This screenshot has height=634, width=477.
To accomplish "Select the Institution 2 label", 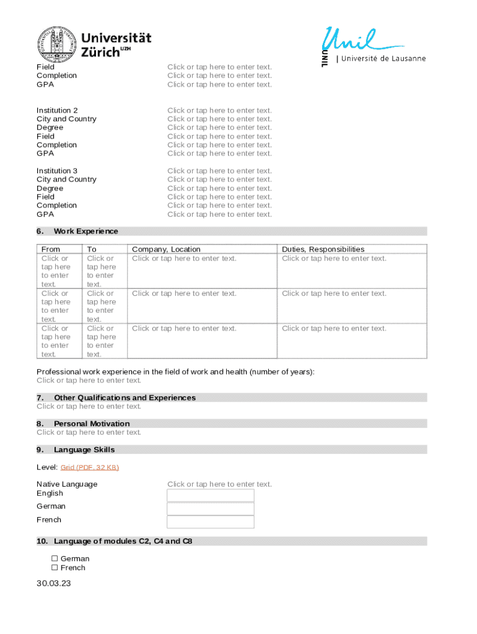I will (57, 110).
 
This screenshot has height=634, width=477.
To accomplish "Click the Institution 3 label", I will (57, 171).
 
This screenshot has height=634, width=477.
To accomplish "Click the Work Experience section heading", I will (85, 232).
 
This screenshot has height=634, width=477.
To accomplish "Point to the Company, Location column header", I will (166, 250).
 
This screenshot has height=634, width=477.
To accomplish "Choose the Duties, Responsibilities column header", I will (323, 250).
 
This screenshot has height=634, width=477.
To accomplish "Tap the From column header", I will (50, 250).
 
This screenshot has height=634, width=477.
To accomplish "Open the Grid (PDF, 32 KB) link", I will (90, 467).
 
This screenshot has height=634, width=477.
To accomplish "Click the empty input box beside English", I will (211, 495).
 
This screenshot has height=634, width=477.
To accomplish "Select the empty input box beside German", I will (211, 508).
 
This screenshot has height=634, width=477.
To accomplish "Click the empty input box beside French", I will (211, 522).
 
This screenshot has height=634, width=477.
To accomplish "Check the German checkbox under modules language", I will (55, 558).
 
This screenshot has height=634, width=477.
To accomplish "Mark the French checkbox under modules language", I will (55, 568).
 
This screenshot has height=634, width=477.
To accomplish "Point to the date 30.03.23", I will (54, 583).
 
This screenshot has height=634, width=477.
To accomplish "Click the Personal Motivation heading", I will (92, 423).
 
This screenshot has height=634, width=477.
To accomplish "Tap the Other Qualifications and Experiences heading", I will (125, 397).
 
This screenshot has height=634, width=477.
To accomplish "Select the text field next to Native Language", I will (219, 484).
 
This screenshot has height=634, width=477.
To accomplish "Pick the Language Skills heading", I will (84, 449).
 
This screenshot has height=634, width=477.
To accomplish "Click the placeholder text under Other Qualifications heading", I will (89, 407).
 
